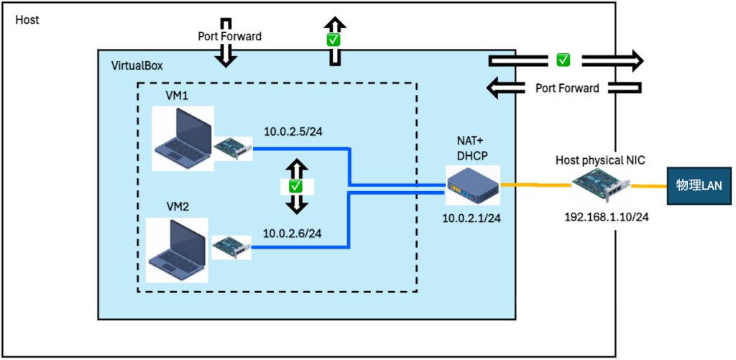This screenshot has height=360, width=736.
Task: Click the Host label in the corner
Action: click(x=27, y=19)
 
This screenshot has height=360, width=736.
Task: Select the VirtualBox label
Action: click(x=137, y=65)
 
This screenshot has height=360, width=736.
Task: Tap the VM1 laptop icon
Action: click(x=182, y=138)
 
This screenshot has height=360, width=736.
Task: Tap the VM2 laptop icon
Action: click(x=176, y=249)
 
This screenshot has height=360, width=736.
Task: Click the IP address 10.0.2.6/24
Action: click(x=292, y=233)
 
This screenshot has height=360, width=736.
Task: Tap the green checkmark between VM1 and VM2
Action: click(x=295, y=186)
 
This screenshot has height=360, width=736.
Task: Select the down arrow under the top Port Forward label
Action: click(x=226, y=56)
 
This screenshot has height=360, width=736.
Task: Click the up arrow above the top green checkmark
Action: click(x=333, y=23)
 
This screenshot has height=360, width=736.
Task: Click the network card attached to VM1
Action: click(x=233, y=147)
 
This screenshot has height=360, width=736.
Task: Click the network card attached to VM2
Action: click(x=231, y=246)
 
